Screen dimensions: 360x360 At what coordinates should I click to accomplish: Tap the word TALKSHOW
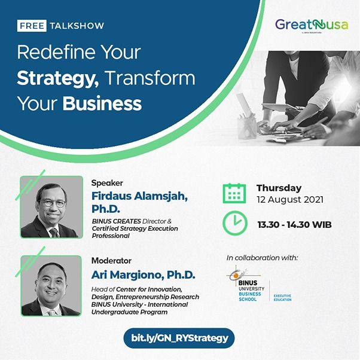tap(78, 26)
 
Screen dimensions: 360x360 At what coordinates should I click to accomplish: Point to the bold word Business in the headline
tap(102, 103)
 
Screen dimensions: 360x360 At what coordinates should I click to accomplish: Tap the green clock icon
tap(234, 223)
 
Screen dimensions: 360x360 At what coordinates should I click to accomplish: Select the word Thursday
tap(279, 188)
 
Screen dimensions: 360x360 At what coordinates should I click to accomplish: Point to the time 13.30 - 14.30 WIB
tap(294, 225)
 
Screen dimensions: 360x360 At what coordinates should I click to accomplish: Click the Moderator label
tap(111, 261)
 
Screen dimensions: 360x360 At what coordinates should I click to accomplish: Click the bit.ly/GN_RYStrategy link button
tap(179, 338)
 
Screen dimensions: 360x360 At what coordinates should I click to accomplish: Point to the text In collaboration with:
tap(262, 258)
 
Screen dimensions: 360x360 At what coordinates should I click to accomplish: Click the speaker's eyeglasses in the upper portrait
tap(54, 203)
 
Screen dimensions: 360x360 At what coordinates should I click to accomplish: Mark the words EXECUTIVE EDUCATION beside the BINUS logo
tap(283, 297)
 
